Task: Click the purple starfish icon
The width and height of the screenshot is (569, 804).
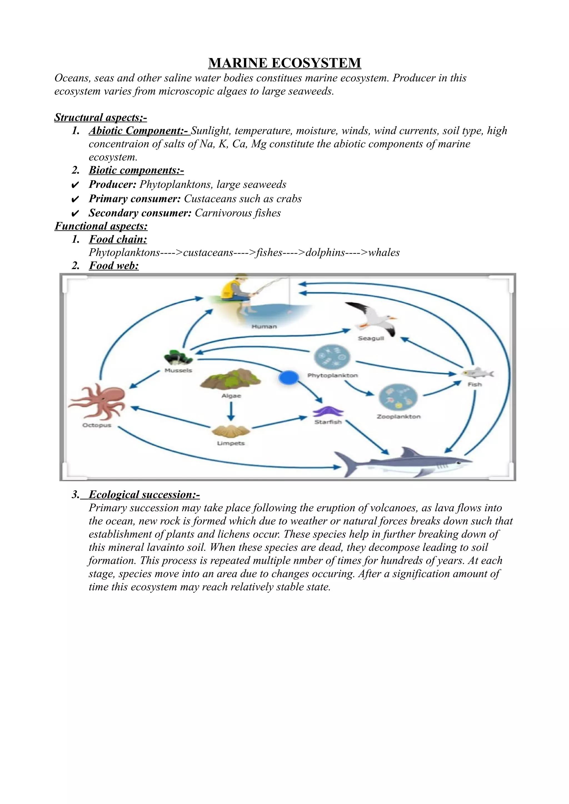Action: pyautogui.click(x=328, y=411)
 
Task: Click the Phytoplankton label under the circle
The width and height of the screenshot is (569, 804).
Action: pyautogui.click(x=332, y=375)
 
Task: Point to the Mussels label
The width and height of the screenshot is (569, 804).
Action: pyautogui.click(x=178, y=370)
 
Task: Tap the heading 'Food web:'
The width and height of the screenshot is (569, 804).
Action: pyautogui.click(x=114, y=266)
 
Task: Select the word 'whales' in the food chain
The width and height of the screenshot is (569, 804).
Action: pyautogui.click(x=384, y=252)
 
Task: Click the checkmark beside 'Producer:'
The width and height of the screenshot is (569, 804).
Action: pyautogui.click(x=75, y=185)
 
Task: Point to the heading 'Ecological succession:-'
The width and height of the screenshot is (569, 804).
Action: pyautogui.click(x=144, y=494)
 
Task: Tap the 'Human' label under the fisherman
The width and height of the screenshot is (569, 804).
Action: pyautogui.click(x=264, y=326)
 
